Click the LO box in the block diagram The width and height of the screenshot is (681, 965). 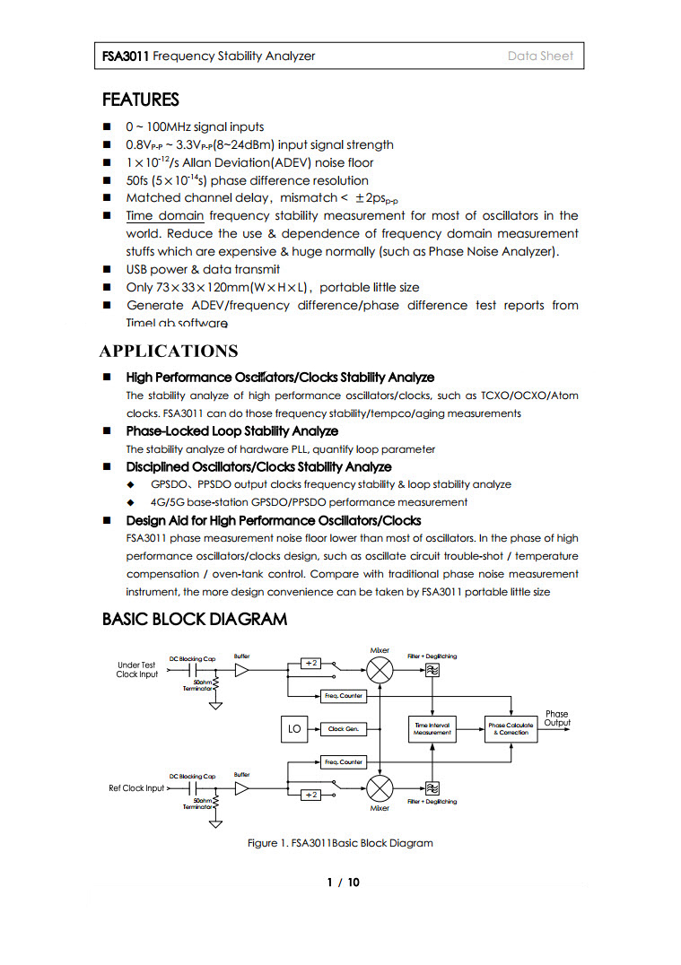coord(293,728)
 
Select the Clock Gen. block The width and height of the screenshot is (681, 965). coord(343,729)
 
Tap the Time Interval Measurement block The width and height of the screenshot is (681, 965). coord(432,728)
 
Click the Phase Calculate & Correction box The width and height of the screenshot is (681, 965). coord(511,728)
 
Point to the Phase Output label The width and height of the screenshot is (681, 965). coord(556,718)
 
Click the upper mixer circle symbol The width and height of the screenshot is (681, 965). coord(380,669)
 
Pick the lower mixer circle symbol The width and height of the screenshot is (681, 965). coord(380,788)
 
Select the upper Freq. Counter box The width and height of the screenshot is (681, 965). coord(343,696)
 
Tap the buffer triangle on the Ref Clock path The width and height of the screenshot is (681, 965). coord(241,788)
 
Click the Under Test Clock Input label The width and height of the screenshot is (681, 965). coord(136,670)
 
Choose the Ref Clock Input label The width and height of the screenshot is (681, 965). coord(136,788)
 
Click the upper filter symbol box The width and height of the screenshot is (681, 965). coord(432,670)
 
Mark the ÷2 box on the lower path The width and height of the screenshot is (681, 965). coord(310,795)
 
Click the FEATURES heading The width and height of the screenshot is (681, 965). coord(141,100)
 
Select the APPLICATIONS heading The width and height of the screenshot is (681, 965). coord(169,351)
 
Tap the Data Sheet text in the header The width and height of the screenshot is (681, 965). coord(540,56)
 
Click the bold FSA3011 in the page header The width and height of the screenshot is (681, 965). coord(126,56)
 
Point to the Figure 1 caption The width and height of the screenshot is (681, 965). coord(340,843)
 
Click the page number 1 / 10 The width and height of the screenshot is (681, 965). coord(343,882)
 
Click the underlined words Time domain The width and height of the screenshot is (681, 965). coord(165,216)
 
